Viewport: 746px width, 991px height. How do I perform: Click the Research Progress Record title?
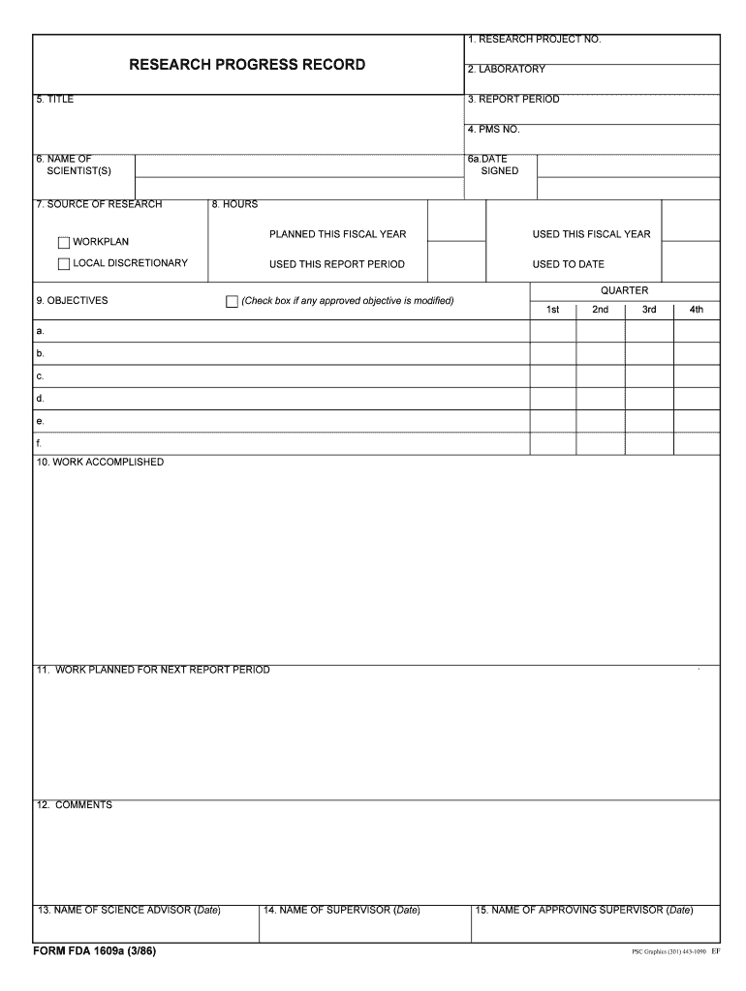248,65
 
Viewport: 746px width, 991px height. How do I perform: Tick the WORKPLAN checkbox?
64,242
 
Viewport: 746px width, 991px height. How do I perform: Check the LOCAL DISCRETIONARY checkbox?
64,264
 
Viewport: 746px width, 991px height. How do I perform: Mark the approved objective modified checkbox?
232,302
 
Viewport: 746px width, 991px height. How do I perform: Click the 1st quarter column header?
552,310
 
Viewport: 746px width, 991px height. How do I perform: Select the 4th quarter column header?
696,310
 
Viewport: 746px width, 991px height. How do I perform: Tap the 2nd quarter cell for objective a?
600,331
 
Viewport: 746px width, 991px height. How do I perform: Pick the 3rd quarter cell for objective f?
648,443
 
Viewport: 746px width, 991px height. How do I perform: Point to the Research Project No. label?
534,40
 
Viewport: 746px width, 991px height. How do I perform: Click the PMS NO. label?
493,130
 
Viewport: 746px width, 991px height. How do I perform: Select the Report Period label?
513,100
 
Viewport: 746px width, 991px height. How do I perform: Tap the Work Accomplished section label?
100,463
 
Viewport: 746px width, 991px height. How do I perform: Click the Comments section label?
75,805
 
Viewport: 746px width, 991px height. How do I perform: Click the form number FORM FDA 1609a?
94,952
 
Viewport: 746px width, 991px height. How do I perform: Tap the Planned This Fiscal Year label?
337,234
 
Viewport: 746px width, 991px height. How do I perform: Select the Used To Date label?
568,264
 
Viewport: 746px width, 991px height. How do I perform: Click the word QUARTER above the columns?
624,290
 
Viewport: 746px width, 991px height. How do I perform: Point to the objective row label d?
40,399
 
